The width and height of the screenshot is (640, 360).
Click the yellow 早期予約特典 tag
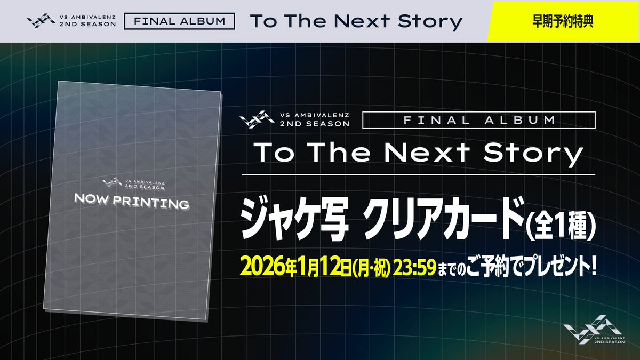563,21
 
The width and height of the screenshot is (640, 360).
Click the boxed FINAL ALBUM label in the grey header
179,22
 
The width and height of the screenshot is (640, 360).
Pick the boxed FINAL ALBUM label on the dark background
479,121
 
